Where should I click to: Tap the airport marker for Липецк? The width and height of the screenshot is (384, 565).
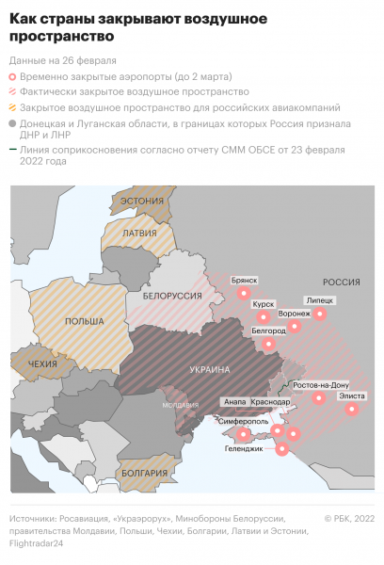(x=319, y=316)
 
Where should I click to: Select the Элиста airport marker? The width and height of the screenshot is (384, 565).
(x=352, y=410)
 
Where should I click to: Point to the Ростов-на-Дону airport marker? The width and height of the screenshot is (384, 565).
(x=319, y=399)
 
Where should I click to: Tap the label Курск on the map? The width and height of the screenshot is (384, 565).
(x=264, y=305)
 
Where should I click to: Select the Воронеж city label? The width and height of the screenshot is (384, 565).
(x=295, y=313)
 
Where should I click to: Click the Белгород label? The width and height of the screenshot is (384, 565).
(x=269, y=331)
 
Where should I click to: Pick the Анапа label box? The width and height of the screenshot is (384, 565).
(x=233, y=401)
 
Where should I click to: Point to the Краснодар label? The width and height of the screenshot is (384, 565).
(x=270, y=401)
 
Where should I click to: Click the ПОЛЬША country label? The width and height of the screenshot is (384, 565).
(x=84, y=321)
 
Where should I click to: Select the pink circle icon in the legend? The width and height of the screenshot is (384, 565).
(x=13, y=75)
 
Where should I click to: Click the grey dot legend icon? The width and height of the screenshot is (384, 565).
(x=13, y=123)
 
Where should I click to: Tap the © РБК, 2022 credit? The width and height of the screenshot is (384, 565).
(x=349, y=518)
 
